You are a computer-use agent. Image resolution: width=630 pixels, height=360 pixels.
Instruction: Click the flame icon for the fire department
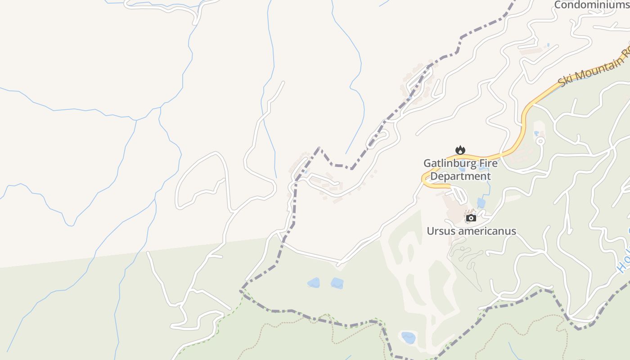(460, 150)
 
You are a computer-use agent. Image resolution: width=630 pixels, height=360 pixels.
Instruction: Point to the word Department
(460, 176)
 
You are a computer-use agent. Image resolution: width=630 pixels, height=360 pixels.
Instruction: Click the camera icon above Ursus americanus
(471, 218)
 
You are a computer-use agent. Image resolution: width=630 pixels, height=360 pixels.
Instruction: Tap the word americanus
(488, 231)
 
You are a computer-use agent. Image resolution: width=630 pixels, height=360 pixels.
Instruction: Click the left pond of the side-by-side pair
(314, 283)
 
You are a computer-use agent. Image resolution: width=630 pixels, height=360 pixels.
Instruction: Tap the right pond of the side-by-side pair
(337, 283)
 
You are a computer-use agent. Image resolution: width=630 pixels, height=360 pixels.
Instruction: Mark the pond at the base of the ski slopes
(408, 337)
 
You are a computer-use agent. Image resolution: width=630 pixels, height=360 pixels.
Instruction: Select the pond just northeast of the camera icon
(481, 202)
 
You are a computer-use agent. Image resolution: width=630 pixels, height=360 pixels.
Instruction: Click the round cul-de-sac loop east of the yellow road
(540, 141)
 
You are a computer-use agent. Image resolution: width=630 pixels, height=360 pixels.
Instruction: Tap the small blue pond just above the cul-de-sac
(536, 134)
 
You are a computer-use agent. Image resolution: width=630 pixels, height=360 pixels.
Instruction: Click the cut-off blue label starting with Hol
(624, 263)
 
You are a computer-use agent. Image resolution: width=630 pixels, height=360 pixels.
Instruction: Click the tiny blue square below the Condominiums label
(548, 45)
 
